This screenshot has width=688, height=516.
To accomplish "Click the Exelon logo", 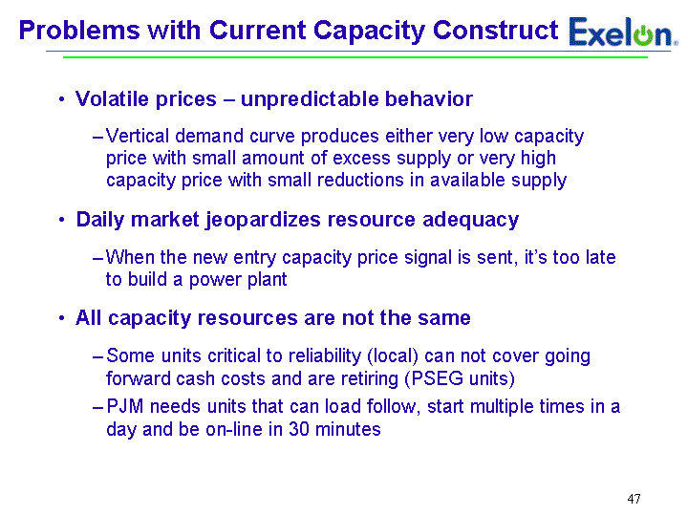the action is click(x=623, y=32).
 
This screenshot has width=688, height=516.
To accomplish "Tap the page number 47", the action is click(x=634, y=499).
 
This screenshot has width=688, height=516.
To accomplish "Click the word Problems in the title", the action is click(x=79, y=31).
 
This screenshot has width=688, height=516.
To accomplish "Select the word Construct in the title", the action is click(x=495, y=31).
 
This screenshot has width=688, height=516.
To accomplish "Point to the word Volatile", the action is click(x=113, y=98).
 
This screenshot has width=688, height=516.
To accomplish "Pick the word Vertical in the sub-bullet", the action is click(x=138, y=136).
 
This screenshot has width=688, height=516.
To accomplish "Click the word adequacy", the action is click(x=470, y=220).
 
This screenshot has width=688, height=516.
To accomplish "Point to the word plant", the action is click(x=268, y=279).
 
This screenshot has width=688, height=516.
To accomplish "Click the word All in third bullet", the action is click(x=88, y=317).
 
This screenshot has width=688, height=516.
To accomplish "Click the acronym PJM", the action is click(x=124, y=406).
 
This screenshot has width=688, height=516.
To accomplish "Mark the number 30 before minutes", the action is click(x=299, y=429).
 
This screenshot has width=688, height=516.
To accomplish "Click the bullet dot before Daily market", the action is click(x=62, y=220).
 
